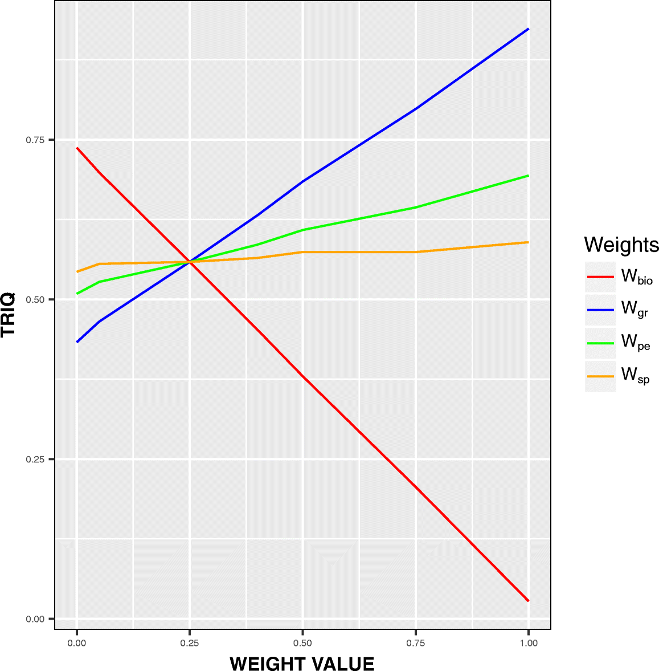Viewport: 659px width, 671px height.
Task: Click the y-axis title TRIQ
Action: tap(9, 315)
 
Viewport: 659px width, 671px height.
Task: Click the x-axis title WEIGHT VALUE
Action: tap(302, 664)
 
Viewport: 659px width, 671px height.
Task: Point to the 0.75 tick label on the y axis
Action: tap(35, 140)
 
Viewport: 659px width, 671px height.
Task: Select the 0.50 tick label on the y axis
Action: tap(35, 299)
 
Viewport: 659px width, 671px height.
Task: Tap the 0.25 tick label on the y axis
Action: tap(35, 459)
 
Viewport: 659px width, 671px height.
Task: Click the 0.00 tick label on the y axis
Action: tap(35, 619)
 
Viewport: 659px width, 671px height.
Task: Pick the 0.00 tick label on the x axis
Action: tap(77, 643)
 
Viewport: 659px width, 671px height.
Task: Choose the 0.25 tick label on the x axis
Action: tap(190, 643)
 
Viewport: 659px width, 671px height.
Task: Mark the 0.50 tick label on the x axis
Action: tap(302, 643)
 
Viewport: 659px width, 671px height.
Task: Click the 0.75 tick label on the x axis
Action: tap(416, 643)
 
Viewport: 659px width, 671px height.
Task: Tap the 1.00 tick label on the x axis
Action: tap(529, 643)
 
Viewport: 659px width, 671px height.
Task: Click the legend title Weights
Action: tap(621, 245)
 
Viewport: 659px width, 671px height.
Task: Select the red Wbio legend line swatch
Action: tap(600, 277)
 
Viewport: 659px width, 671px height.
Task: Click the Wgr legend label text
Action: tap(635, 309)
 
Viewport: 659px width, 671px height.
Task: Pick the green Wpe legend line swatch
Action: tap(600, 343)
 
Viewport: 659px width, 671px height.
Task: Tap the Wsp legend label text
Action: tap(635, 375)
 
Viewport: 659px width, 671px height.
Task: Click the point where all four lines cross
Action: tap(190, 262)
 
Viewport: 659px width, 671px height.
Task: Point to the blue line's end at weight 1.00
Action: tap(529, 29)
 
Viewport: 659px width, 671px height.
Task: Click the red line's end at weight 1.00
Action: tap(529, 600)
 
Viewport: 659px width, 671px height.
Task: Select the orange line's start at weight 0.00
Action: tap(77, 271)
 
